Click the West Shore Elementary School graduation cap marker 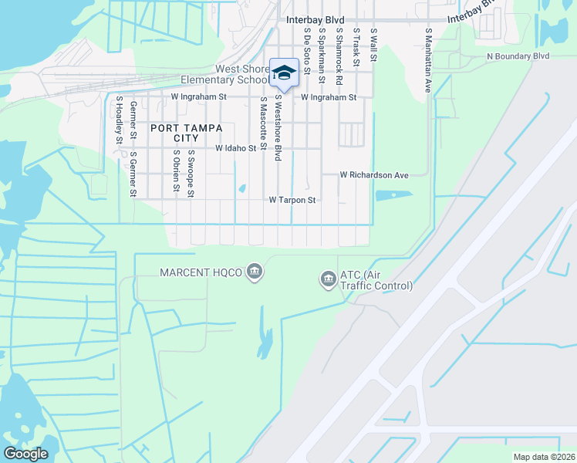[x=284, y=73]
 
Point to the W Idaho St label [x=235, y=147]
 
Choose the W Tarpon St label [x=292, y=200]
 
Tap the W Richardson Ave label [x=374, y=175]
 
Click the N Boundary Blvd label [x=518, y=56]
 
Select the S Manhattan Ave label [x=428, y=61]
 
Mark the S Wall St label [x=373, y=46]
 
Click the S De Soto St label [x=306, y=52]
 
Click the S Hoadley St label [x=120, y=120]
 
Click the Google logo [x=25, y=454]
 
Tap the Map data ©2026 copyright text [x=544, y=457]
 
